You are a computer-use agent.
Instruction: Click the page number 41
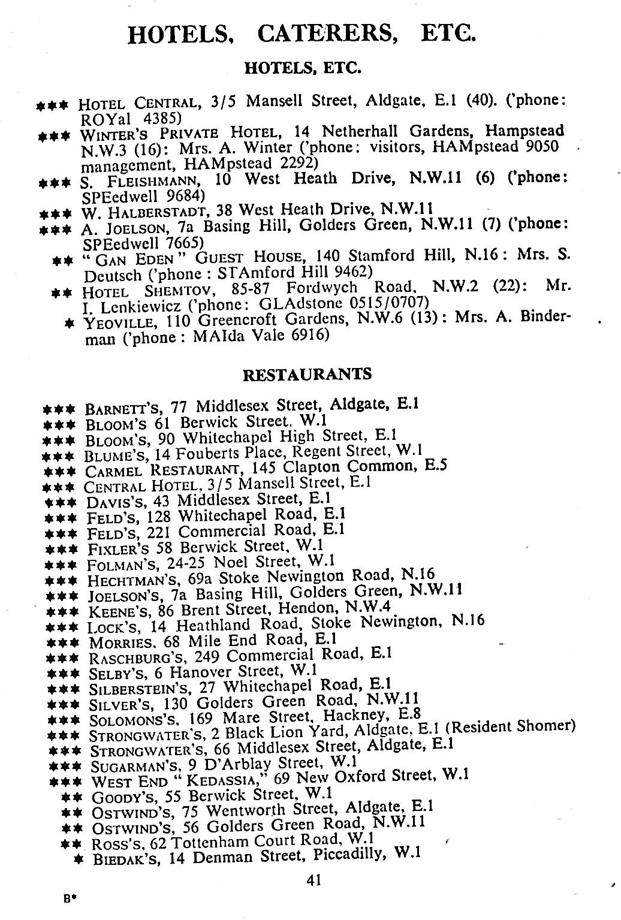314,880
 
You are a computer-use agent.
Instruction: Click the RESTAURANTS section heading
307,375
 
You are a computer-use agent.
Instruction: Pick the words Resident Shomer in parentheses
514,726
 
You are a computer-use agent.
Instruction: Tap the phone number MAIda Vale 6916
262,336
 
